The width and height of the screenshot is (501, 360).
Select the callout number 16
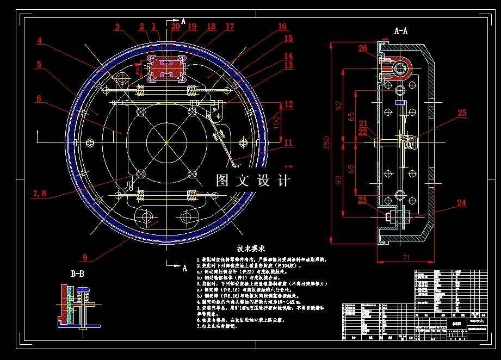[282, 27]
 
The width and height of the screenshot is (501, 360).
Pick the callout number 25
[462, 113]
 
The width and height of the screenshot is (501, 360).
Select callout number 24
[461, 203]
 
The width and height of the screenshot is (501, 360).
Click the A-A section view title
[400, 31]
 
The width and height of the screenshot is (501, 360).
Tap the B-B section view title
[77, 274]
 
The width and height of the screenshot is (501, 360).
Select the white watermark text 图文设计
[253, 181]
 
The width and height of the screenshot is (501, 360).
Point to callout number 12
[288, 104]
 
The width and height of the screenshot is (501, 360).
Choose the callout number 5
[39, 64]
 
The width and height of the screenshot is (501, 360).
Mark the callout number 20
[175, 26]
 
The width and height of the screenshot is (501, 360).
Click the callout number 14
[288, 56]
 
